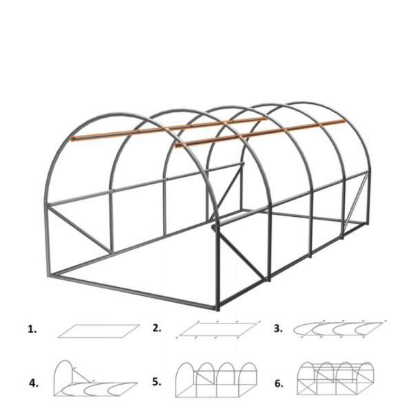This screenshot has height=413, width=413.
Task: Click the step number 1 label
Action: click(x=32, y=329)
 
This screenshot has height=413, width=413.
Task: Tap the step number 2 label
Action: click(x=157, y=328)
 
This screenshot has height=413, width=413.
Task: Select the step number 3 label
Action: click(x=278, y=329)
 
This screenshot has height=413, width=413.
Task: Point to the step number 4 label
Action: click(x=34, y=383)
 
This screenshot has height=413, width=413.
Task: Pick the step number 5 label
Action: click(x=157, y=382)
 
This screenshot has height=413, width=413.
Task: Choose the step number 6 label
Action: click(x=279, y=384)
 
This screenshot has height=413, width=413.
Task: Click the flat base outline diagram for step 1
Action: click(x=98, y=331)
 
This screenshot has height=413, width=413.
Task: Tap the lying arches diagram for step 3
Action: click(x=340, y=329)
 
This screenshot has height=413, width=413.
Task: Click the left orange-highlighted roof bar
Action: click(x=169, y=129)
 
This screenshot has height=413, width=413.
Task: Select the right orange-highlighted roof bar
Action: click(x=260, y=134)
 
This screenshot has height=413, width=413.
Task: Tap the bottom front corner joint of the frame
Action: click(x=218, y=308)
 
